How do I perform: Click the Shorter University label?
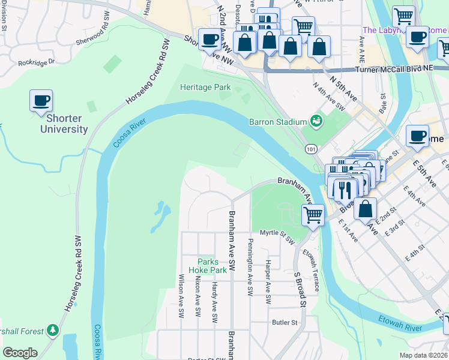click(x=64, y=123)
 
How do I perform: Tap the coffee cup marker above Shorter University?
click(x=41, y=100)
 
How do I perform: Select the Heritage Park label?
click(x=205, y=88)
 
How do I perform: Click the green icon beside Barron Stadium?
click(x=316, y=122)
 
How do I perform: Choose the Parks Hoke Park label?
click(x=212, y=266)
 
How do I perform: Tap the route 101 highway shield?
click(x=310, y=148)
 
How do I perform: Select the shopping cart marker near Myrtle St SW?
click(x=313, y=214)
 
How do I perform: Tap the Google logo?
click(x=20, y=353)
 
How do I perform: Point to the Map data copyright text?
click(x=423, y=355)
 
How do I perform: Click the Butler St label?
click(x=285, y=322)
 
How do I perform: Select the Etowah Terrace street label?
click(x=312, y=270)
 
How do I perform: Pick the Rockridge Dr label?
click(x=36, y=62)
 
